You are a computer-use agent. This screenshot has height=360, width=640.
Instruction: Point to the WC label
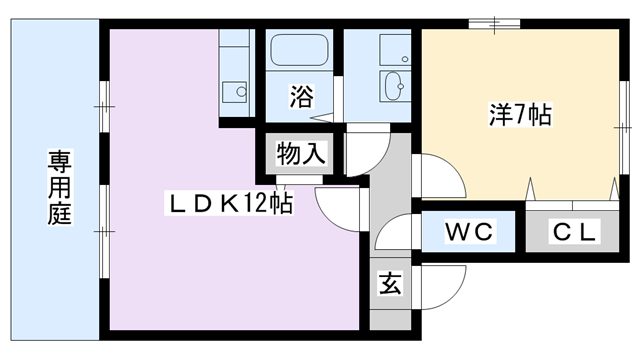tap(469, 233)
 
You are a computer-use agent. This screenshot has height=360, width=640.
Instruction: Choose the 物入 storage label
tap(300, 153)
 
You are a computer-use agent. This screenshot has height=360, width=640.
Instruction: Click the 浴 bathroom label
tap(300, 96)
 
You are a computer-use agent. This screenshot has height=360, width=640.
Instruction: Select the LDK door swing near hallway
tap(337, 204)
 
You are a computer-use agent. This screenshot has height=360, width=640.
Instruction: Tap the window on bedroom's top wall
tap(494, 21)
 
